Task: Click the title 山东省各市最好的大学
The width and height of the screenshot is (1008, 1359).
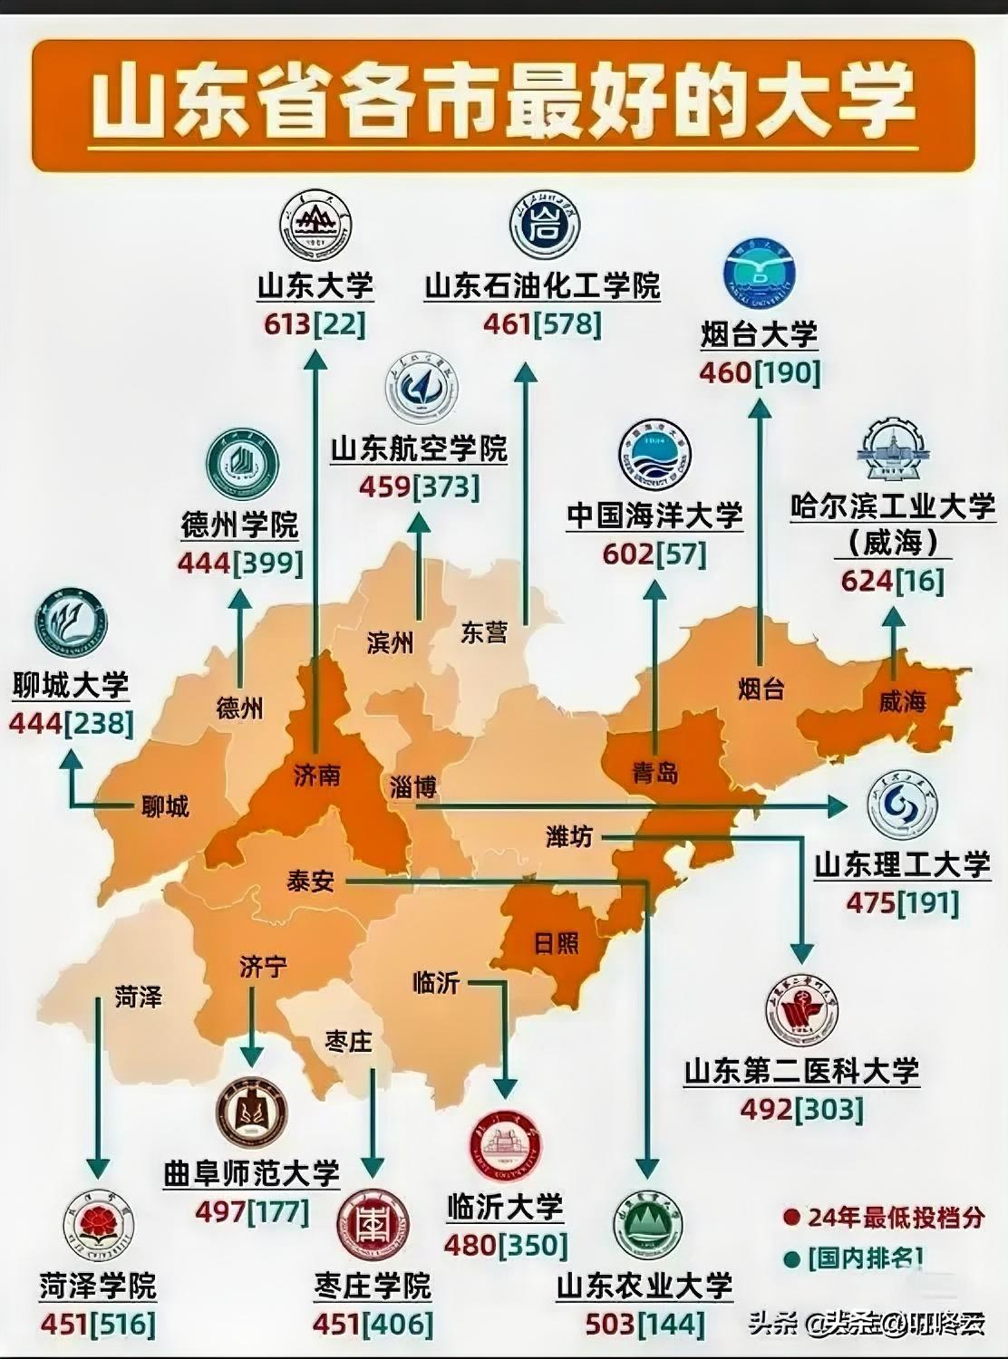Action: click(x=503, y=101)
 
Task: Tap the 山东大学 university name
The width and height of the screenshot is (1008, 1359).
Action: click(x=315, y=285)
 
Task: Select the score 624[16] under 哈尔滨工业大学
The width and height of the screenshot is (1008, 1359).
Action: click(x=892, y=581)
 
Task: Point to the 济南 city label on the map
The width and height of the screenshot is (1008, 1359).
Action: click(x=317, y=776)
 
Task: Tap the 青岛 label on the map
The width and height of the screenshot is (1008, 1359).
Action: click(x=654, y=773)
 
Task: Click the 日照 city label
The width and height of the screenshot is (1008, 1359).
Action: click(x=556, y=943)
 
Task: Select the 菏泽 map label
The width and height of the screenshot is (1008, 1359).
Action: click(x=139, y=998)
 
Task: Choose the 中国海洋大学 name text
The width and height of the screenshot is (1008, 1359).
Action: click(x=654, y=515)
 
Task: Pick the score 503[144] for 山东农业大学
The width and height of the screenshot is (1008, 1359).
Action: click(x=645, y=1324)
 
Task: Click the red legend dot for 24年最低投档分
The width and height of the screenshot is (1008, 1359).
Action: click(x=792, y=1217)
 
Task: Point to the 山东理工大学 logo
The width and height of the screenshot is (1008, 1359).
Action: click(x=901, y=806)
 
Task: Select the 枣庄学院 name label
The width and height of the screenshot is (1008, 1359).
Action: click(x=373, y=1286)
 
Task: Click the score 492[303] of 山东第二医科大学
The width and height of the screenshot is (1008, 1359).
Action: click(x=801, y=1109)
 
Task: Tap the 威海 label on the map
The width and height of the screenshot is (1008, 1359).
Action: click(x=902, y=700)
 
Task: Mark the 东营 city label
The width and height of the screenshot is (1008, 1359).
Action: click(x=483, y=632)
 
